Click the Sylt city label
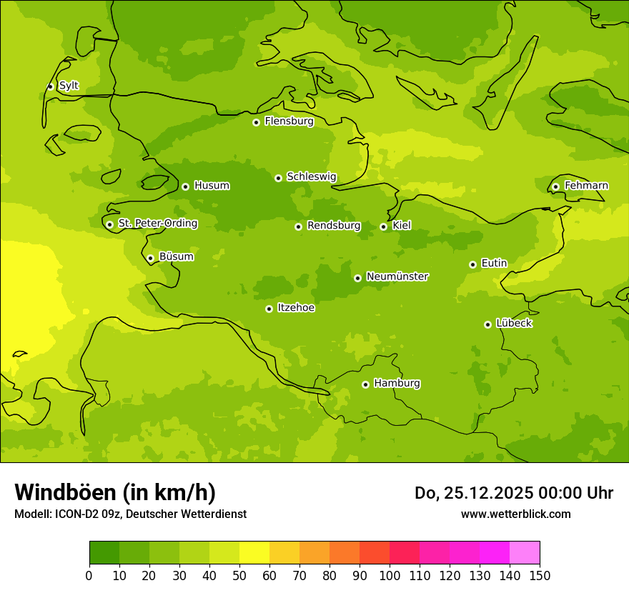point(69,86)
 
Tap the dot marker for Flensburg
point(256,122)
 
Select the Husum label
point(212,186)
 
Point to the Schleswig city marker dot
point(278,178)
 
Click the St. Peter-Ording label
point(158,224)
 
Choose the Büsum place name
point(176,256)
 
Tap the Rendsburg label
point(334,226)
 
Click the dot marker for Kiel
point(383,226)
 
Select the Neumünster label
point(397,276)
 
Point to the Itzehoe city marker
point(269,309)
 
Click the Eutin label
point(494,264)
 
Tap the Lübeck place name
point(513,323)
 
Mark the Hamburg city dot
point(365,384)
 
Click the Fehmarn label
point(586,186)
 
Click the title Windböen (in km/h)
point(115,492)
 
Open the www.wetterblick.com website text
point(515,514)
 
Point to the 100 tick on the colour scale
point(390,575)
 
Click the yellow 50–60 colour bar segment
point(254,553)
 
